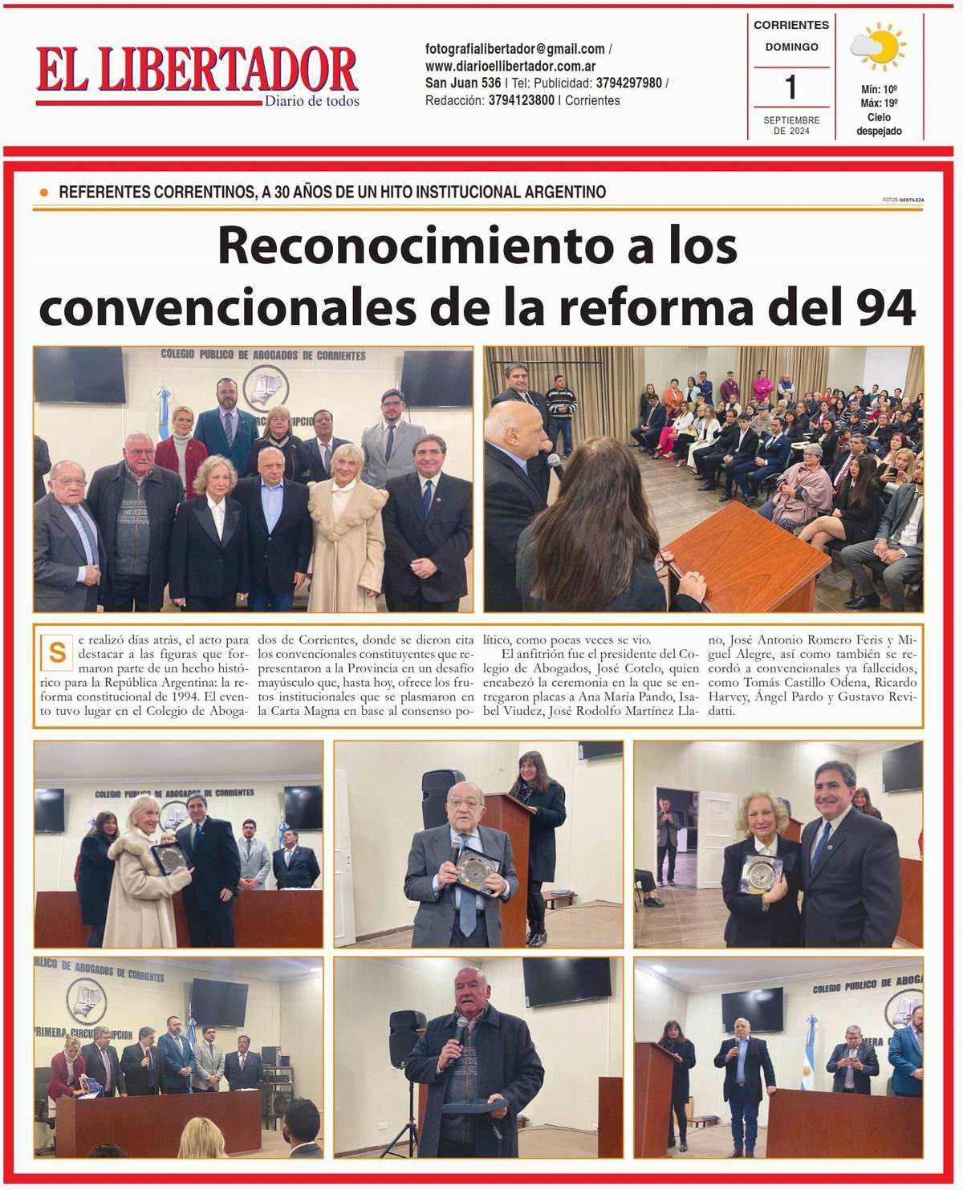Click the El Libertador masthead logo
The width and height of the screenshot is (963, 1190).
(x=197, y=71)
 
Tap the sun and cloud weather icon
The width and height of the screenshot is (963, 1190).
(x=878, y=47)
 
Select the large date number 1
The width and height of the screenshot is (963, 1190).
(x=791, y=87)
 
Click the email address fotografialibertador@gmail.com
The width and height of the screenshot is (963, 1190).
(x=514, y=49)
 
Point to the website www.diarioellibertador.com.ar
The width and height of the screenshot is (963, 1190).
(x=510, y=66)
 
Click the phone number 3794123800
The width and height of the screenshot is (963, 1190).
(x=521, y=100)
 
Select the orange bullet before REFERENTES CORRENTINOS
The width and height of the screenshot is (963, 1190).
(x=43, y=193)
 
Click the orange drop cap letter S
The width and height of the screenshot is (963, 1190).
(x=57, y=652)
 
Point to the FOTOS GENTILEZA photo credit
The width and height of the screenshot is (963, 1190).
(x=902, y=200)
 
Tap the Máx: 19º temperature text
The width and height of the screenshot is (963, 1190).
(x=879, y=103)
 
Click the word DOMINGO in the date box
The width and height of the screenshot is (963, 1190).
(x=791, y=47)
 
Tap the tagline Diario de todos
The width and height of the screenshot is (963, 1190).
(x=312, y=101)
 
